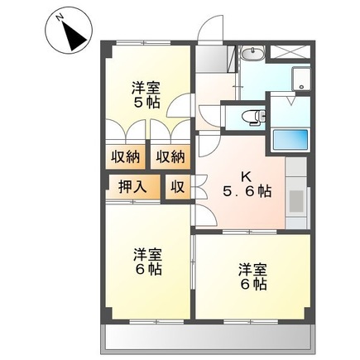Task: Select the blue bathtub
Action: point(290,140)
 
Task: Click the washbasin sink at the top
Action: point(252,55)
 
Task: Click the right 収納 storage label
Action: point(171,156)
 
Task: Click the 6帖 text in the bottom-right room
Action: point(253,284)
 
